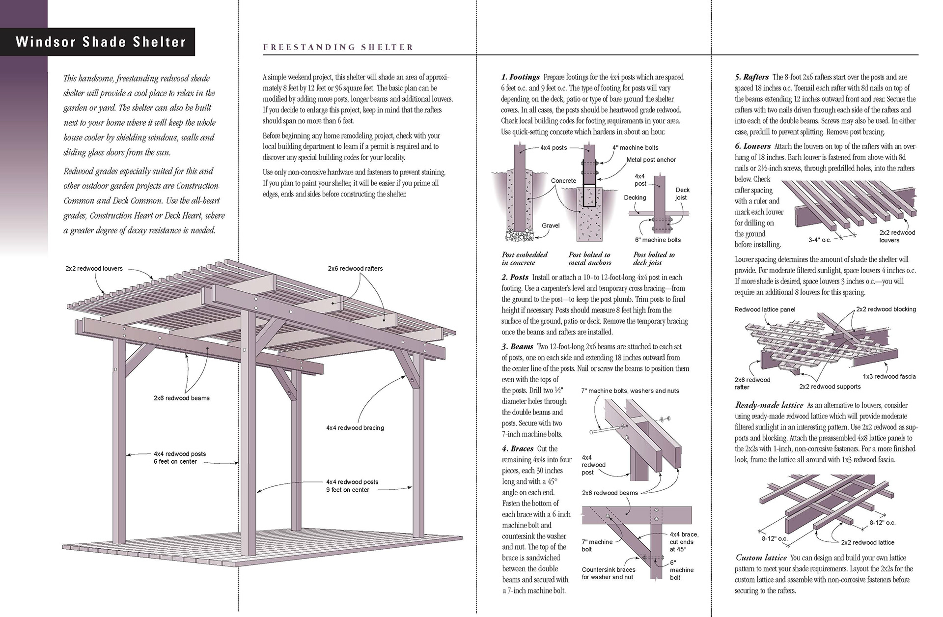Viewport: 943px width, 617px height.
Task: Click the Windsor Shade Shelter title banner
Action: (x=101, y=42)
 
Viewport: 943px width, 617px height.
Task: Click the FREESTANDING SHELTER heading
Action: (x=338, y=48)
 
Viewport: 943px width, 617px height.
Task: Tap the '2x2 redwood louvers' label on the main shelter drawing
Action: (x=94, y=269)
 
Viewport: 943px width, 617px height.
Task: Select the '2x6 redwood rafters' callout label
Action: (x=355, y=269)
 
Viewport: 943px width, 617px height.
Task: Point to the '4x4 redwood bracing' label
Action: (x=355, y=428)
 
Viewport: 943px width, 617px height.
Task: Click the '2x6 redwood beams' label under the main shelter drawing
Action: (x=182, y=398)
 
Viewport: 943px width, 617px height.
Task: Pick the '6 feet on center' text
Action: (x=175, y=462)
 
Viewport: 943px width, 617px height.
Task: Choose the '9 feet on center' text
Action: (x=348, y=490)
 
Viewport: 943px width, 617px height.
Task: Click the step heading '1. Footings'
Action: (x=521, y=77)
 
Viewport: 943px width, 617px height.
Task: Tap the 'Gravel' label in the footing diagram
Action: (x=551, y=225)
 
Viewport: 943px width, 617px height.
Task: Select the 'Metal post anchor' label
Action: (x=651, y=160)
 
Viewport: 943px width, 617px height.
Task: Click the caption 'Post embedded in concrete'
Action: (x=525, y=258)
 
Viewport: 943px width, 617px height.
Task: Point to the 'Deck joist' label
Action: (x=682, y=194)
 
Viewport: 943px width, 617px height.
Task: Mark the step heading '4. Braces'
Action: (x=518, y=449)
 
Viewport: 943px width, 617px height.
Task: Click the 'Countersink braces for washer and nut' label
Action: (x=609, y=573)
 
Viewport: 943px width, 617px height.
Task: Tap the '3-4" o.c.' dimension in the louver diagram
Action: (x=820, y=240)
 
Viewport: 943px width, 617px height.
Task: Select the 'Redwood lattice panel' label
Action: (x=765, y=309)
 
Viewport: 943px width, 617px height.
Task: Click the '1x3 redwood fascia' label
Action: (x=889, y=376)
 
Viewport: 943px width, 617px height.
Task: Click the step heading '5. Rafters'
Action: (x=752, y=77)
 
